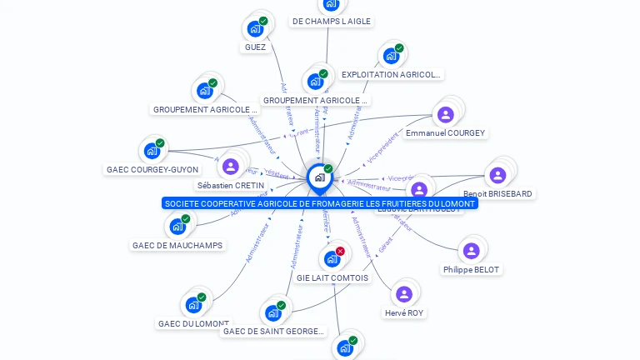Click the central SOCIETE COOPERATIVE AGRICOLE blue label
click(320, 203)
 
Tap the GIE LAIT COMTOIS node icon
click(332, 259)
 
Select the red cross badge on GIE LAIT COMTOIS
click(340, 251)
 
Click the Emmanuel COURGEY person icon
click(445, 114)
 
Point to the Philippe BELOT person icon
click(471, 251)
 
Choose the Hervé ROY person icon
click(404, 294)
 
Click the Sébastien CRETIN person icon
click(231, 167)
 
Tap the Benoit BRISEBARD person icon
click(497, 175)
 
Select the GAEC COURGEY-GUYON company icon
click(152, 151)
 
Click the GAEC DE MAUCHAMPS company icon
click(177, 227)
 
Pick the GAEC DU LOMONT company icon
click(193, 305)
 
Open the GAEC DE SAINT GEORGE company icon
click(272, 313)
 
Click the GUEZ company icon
click(255, 29)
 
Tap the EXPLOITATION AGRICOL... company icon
click(391, 56)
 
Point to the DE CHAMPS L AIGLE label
click(332, 22)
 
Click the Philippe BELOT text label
click(471, 270)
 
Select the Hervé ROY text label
click(404, 313)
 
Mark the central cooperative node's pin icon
click(319, 177)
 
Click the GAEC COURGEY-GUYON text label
click(152, 170)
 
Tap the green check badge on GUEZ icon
click(263, 21)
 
